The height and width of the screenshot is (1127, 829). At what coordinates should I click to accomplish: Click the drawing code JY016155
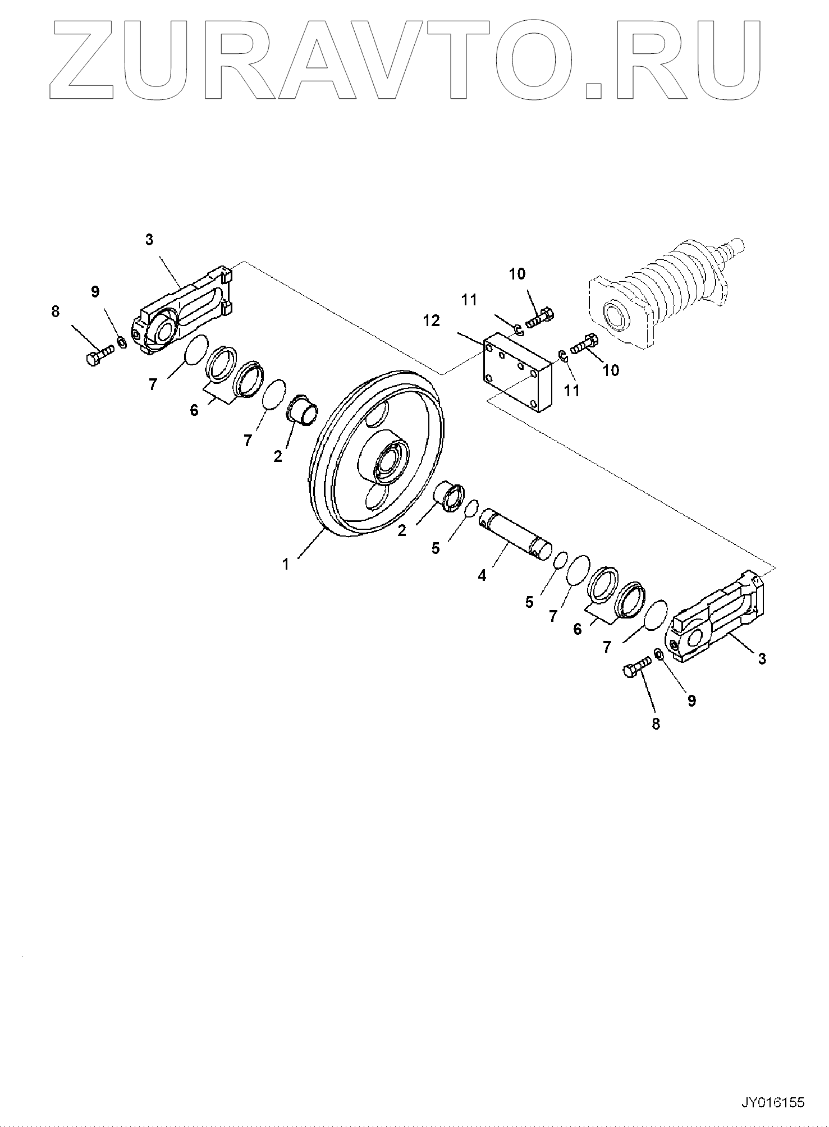[773, 1102]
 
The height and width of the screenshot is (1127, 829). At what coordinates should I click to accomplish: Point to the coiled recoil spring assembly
[674, 286]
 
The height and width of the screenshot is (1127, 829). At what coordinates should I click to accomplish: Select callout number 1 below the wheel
[286, 564]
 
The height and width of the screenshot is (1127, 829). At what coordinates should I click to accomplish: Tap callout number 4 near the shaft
[482, 575]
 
